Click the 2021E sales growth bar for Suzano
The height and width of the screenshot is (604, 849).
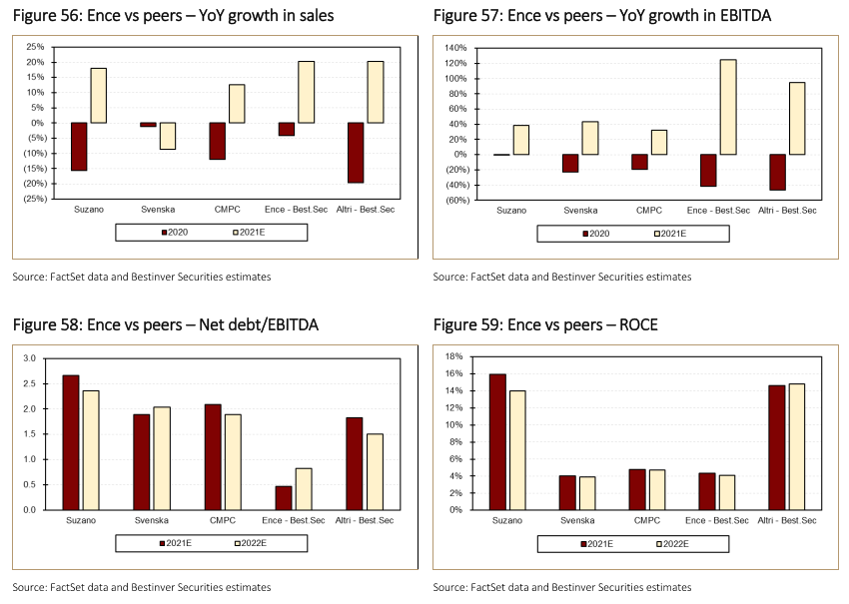(x=99, y=95)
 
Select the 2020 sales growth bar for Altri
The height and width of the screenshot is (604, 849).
(x=356, y=153)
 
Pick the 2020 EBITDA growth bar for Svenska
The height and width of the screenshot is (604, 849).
(x=570, y=163)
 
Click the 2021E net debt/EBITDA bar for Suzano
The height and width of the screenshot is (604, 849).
(x=71, y=442)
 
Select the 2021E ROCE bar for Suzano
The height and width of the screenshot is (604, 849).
(x=496, y=441)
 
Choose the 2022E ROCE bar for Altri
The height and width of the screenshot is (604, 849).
(x=796, y=446)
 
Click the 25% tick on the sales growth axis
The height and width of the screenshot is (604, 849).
(x=35, y=47)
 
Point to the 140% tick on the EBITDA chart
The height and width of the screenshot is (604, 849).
(x=454, y=47)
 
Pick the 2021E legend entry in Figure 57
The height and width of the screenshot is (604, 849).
(x=669, y=233)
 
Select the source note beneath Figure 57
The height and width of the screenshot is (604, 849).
(x=561, y=277)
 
